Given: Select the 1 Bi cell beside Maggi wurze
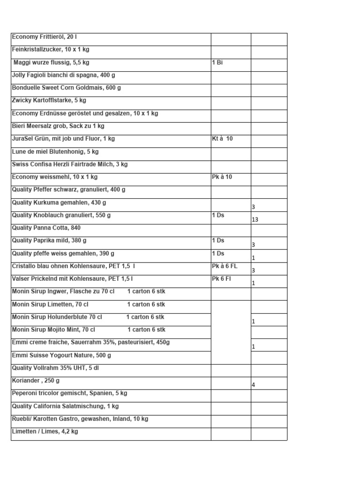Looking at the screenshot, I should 217,62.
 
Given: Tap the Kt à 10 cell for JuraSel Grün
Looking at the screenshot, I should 222,139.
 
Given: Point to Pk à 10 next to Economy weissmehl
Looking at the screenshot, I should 222,177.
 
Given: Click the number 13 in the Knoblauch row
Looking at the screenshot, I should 255,219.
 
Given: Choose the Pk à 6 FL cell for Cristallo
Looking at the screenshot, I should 225,266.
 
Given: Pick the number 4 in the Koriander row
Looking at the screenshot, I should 253,385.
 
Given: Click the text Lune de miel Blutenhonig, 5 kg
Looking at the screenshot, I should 55,152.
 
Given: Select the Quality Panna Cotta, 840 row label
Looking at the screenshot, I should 46,228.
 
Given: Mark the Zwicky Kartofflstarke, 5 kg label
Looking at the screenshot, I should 49,100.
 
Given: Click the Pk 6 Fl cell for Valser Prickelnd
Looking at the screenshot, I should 221,279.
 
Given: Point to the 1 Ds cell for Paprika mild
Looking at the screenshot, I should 218,240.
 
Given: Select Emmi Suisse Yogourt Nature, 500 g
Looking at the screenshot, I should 61,355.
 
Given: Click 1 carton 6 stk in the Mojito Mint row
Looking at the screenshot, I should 146,330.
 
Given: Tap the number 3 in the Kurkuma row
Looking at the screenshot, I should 253,207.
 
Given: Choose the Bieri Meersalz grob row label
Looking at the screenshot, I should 58,126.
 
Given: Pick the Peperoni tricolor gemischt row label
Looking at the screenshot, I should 69,393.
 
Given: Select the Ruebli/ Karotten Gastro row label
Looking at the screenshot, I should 80,419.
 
